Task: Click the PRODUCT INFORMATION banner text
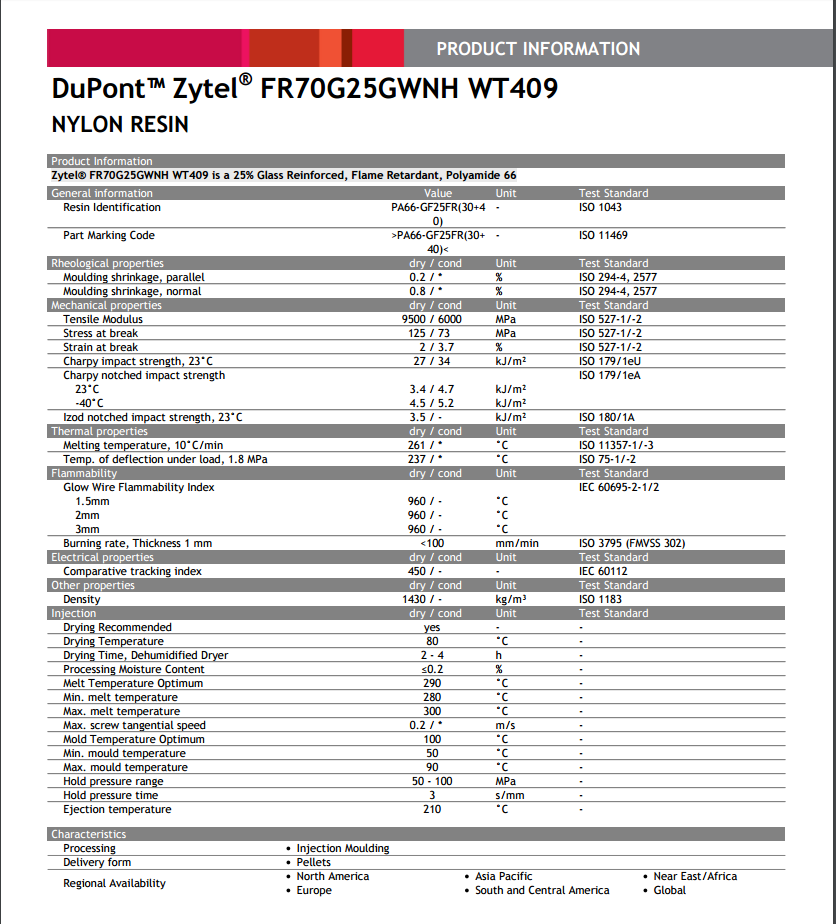click(x=538, y=49)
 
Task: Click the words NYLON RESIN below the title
click(x=120, y=125)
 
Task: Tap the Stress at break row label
click(x=100, y=333)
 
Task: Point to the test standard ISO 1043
click(x=600, y=207)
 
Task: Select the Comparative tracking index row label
click(x=132, y=571)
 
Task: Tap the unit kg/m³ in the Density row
click(x=511, y=599)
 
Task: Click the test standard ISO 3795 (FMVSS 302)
click(x=631, y=543)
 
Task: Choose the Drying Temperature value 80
click(x=432, y=641)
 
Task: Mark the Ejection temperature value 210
click(x=432, y=809)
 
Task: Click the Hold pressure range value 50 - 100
click(x=432, y=781)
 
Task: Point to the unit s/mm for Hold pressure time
click(x=510, y=795)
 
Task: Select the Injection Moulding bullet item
click(x=343, y=848)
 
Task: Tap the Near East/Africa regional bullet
click(x=695, y=876)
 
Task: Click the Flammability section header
click(x=84, y=473)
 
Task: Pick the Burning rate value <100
click(x=432, y=543)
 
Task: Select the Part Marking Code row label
click(x=108, y=235)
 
